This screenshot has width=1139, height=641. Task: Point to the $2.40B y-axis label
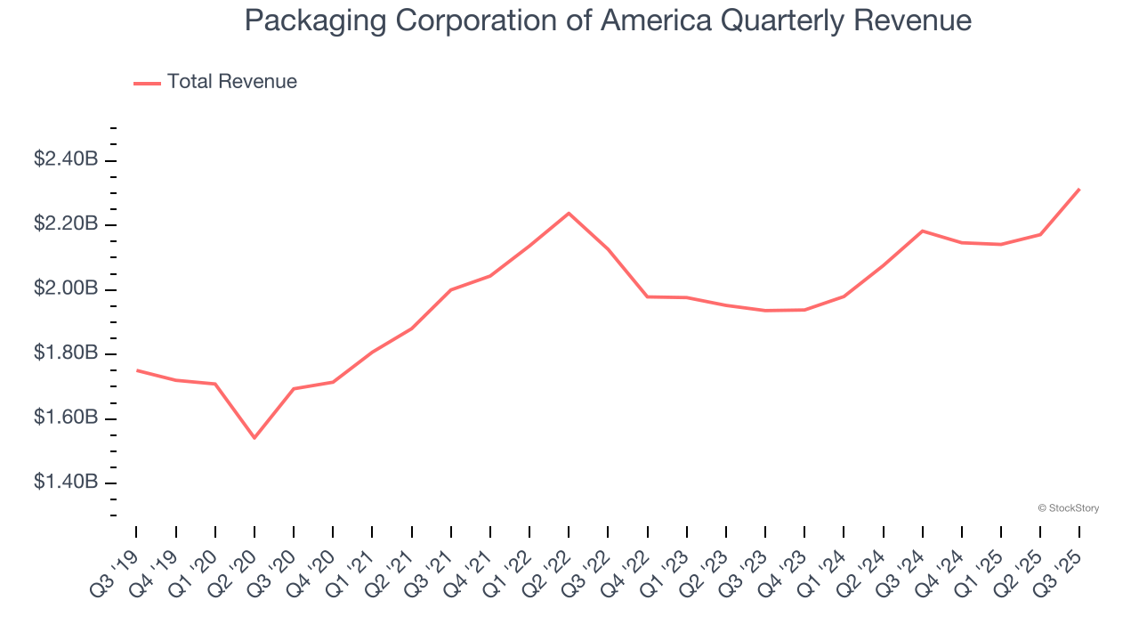coord(65,159)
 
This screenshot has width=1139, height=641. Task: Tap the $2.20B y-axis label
coord(65,224)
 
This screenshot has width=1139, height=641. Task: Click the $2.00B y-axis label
coord(65,289)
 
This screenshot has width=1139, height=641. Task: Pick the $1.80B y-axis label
coord(65,353)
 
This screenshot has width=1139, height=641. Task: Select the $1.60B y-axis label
coord(65,418)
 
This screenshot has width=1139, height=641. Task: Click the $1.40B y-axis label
coord(65,483)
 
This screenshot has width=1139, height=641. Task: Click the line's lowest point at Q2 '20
coord(254,437)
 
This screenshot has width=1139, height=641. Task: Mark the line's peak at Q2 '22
coord(569,213)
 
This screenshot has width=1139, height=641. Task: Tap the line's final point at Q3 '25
coord(1079,189)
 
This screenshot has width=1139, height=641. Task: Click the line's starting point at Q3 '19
coord(136,370)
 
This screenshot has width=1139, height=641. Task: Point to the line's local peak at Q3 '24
coord(923,231)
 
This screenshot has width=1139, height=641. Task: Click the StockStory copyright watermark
coord(1068,508)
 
